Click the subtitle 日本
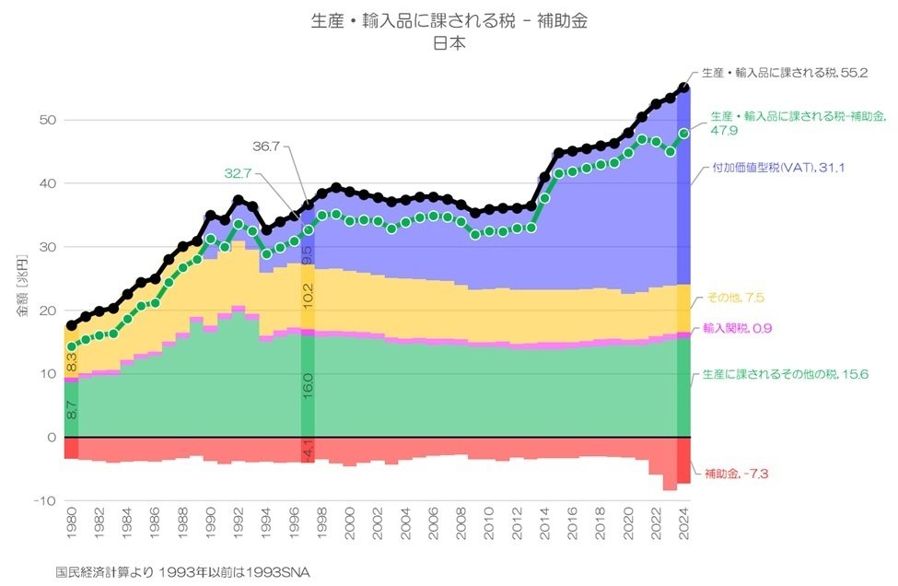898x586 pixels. pos(449,41)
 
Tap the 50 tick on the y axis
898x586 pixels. pos(46,121)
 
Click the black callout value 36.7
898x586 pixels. pos(269,146)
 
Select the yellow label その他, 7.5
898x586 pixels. pos(734,298)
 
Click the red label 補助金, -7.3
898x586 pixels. pos(736,474)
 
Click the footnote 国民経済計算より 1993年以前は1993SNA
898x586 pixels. pos(183,572)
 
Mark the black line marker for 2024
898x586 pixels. pos(684,88)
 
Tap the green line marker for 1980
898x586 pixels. pos(72,347)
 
